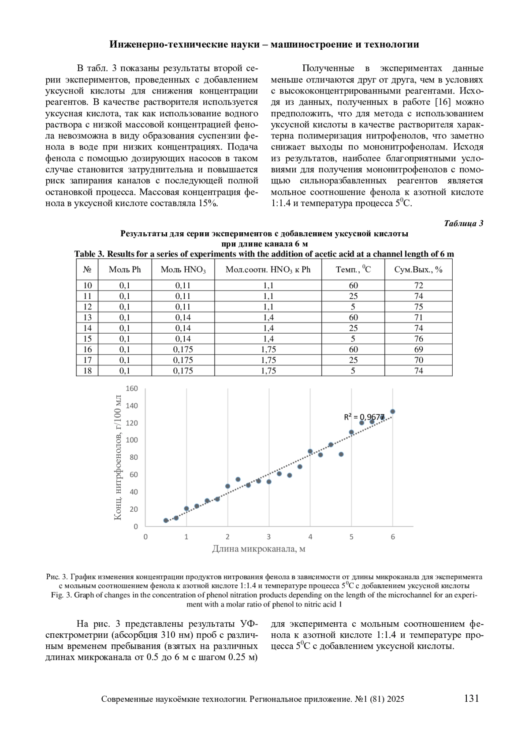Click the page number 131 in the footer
[x=471, y=698]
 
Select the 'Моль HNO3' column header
[x=183, y=270]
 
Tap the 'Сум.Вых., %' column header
[x=418, y=270]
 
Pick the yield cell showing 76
[x=418, y=339]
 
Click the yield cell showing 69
[x=418, y=349]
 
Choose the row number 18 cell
[x=87, y=371]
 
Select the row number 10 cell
[x=87, y=285]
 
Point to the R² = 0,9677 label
[x=364, y=417]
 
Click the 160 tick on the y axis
[x=132, y=388]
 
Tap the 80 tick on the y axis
[x=133, y=457]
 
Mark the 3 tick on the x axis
[x=269, y=536]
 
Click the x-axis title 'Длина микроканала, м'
[x=259, y=549]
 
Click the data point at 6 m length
[x=393, y=412]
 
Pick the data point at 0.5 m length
[x=166, y=520]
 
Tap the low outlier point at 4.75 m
[x=341, y=454]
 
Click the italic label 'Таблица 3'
[x=463, y=223]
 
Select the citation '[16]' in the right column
[x=442, y=102]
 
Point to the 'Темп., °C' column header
[x=353, y=269]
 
